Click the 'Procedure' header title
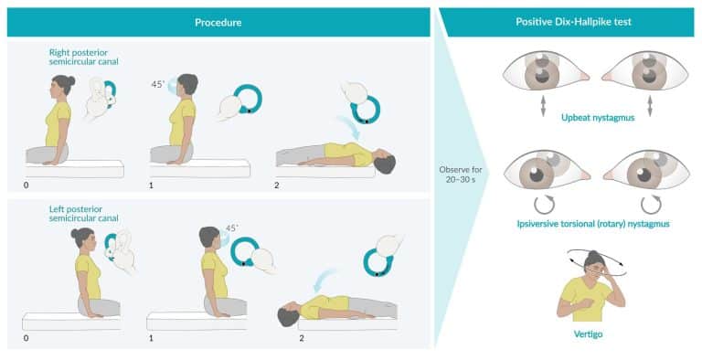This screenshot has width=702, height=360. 219,22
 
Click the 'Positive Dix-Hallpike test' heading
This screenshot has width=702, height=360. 569,22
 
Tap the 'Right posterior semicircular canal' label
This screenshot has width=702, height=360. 84,59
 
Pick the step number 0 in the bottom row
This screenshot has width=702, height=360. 25,337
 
